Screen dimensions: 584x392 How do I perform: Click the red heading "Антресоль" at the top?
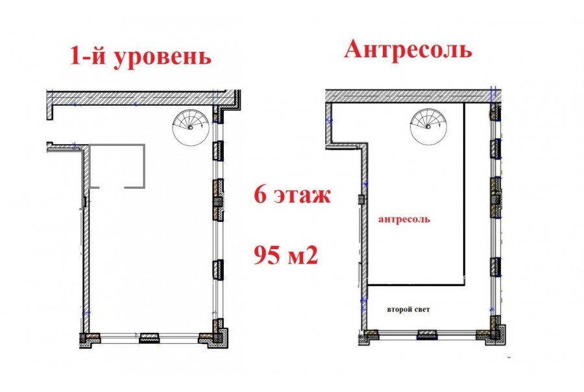point(408,49)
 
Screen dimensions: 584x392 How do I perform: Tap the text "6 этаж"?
point(292,195)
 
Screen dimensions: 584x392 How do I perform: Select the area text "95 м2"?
point(286,255)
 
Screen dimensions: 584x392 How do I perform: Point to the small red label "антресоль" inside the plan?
point(404,219)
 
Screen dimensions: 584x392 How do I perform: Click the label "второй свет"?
point(408,310)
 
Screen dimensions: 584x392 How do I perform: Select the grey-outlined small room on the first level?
point(117,166)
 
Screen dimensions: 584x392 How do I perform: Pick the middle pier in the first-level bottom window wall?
point(149,338)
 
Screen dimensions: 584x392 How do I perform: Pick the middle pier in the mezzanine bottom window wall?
point(428,335)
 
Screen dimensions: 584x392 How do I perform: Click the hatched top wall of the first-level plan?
point(143,97)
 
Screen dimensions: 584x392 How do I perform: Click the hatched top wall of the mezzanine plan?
point(412,96)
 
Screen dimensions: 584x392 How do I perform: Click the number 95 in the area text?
point(267,255)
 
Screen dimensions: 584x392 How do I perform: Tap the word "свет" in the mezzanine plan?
point(421,310)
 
